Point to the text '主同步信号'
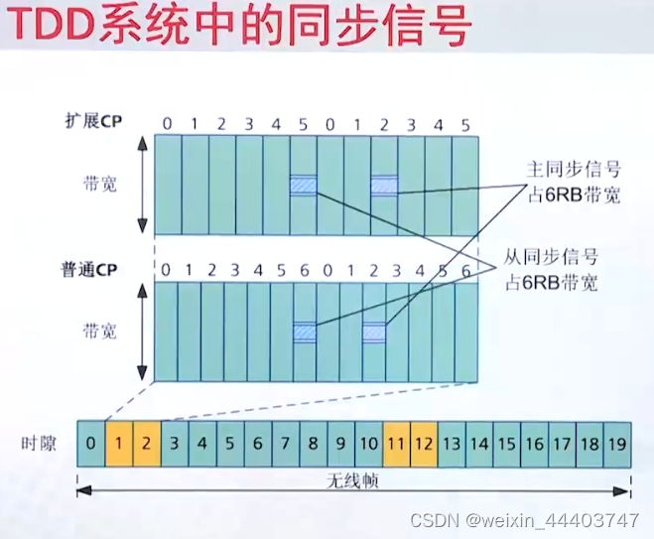[x=574, y=169]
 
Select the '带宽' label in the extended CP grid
[x=100, y=185]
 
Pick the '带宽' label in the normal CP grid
[x=100, y=331]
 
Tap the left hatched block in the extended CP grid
[x=304, y=185]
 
